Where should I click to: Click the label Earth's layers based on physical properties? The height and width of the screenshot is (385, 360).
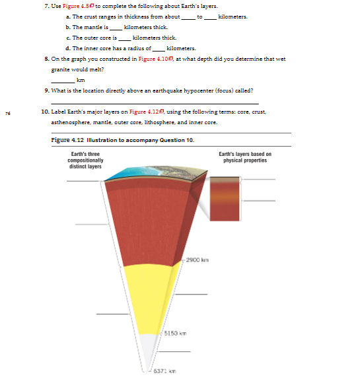[x=244, y=157]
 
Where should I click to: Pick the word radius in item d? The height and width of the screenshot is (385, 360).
[x=125, y=48]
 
